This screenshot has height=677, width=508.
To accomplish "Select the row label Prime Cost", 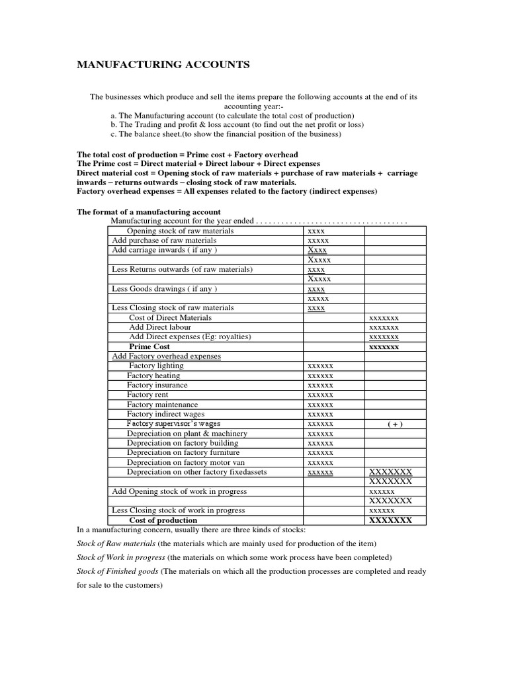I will click(149, 346).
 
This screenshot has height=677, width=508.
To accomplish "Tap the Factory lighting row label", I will click(156, 366).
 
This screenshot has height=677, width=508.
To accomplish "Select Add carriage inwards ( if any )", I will click(164, 251).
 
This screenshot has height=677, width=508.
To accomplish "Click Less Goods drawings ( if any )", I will click(164, 289).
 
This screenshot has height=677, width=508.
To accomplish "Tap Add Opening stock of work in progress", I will click(179, 491).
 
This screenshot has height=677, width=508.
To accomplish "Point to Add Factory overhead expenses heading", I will click(166, 356).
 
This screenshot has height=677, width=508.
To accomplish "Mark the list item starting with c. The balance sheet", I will click(226, 134).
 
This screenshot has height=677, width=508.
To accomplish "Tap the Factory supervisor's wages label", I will click(174, 424).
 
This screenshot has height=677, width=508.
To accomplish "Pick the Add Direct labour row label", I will click(160, 327).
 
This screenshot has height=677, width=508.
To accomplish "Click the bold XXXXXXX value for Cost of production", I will click(390, 520).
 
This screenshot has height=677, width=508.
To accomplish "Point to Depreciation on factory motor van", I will click(183, 463).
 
